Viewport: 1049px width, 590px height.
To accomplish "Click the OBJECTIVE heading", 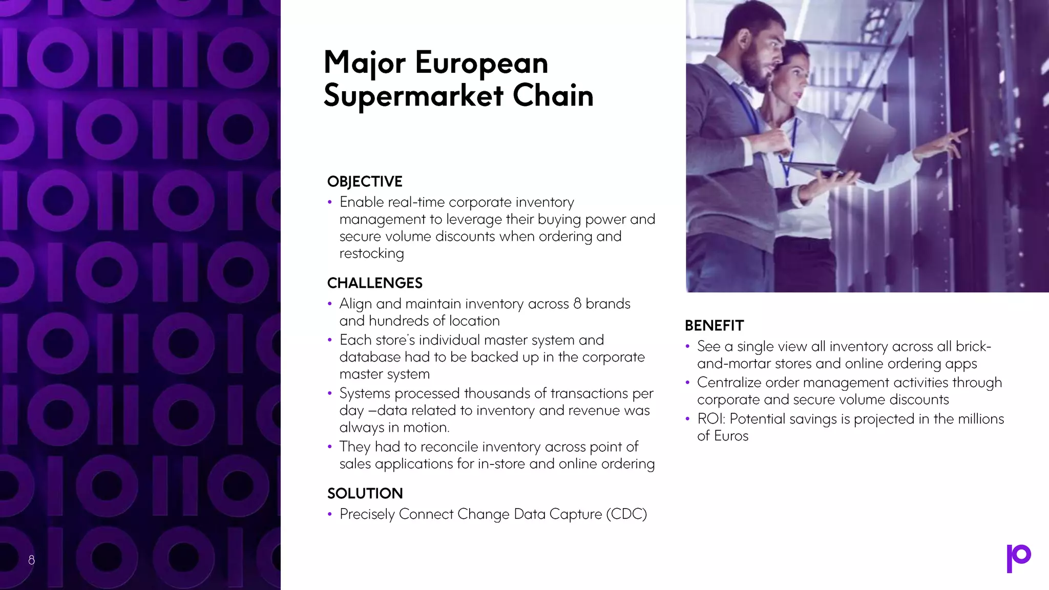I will (365, 182).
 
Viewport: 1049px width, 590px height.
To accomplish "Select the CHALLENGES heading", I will (374, 283).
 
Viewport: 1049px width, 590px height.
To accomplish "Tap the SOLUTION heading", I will (365, 494).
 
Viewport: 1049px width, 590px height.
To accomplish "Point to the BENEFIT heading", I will (714, 326).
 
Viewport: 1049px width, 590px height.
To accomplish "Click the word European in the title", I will (481, 63).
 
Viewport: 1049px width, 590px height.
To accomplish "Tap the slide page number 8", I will (31, 560).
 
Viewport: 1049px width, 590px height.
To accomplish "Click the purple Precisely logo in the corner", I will (1018, 558).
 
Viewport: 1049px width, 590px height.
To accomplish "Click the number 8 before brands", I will (577, 304).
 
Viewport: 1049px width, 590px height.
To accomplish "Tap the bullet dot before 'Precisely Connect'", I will (330, 514).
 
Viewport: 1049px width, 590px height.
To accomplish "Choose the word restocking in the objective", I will (371, 254).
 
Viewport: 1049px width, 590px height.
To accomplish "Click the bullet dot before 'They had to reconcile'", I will (330, 447).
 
